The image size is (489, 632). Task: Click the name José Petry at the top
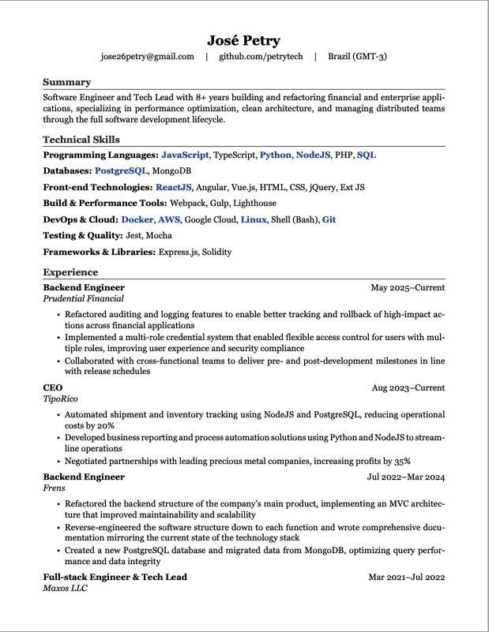243,40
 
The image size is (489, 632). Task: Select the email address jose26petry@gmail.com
147,57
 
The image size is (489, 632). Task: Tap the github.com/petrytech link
260,57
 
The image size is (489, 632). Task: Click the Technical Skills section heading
81,140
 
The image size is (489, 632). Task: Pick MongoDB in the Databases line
171,170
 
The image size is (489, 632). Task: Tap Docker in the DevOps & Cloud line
137,219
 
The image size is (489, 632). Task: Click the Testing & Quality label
82,235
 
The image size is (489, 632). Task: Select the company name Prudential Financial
83,299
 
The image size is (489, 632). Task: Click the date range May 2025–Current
408,288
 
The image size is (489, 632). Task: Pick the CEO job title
52,388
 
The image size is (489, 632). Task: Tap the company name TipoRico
60,399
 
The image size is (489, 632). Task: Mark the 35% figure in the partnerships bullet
401,462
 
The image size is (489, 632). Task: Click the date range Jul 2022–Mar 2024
405,477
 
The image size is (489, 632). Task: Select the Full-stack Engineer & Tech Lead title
115,577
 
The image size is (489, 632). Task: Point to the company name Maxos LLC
65,589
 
